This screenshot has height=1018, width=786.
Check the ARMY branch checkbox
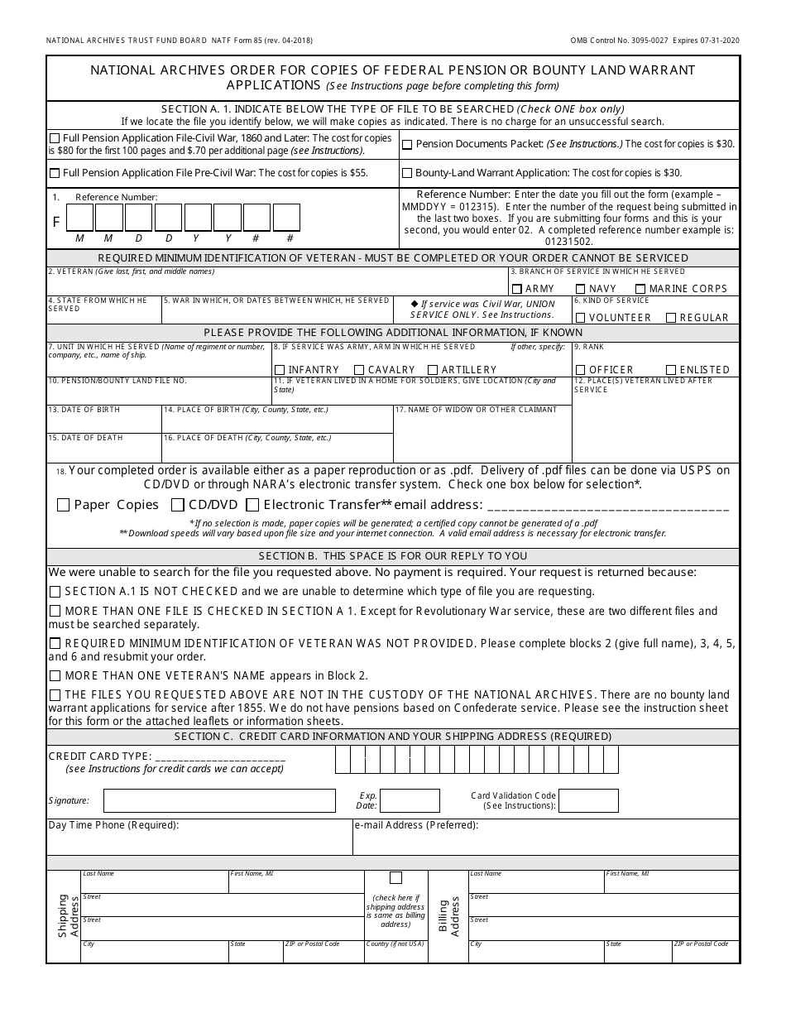516,289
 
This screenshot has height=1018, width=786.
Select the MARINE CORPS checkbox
640,289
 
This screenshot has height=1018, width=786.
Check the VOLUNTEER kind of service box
581,318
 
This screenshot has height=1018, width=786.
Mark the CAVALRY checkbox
359,370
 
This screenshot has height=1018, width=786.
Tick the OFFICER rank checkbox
581,370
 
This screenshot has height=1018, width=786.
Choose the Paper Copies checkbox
63,505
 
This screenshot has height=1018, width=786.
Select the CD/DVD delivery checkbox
177,505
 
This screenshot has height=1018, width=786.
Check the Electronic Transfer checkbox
252,505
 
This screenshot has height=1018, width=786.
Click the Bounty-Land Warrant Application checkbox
407,174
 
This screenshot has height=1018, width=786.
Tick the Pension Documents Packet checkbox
407,145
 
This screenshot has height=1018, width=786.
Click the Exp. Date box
410,800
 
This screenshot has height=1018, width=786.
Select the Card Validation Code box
588,800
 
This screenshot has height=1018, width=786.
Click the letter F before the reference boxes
56,222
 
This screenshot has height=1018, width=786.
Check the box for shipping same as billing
395,878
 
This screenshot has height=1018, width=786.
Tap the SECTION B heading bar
393,556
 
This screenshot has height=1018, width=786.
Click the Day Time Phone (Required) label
114,825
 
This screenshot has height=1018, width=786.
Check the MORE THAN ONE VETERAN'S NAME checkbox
55,676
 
